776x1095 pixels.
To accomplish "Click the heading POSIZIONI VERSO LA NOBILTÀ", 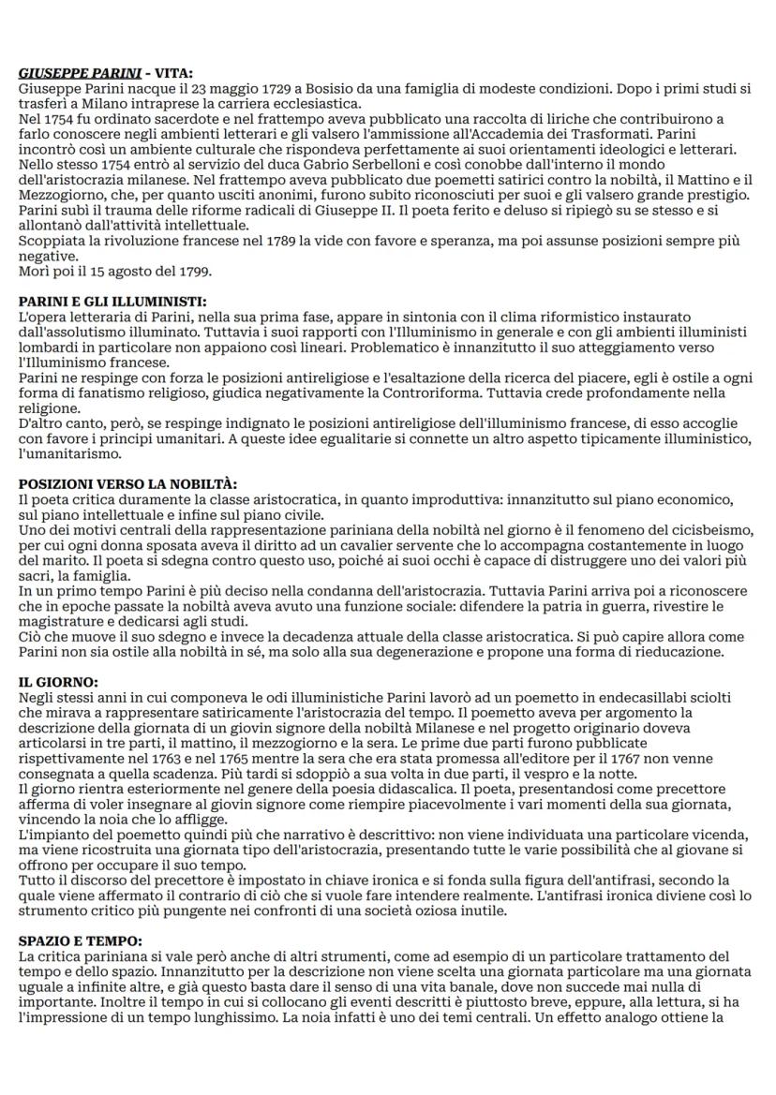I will click(x=128, y=484).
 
